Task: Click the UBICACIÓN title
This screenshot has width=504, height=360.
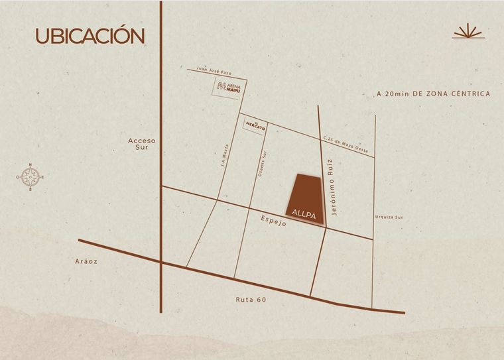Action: [x=90, y=36]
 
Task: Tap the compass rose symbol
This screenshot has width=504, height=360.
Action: [x=30, y=177]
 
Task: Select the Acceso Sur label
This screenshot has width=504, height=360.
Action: [x=142, y=144]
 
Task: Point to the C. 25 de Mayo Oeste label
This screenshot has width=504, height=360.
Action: [x=347, y=143]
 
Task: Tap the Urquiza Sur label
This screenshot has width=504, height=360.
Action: [x=389, y=217]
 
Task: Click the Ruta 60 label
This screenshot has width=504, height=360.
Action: [x=251, y=300]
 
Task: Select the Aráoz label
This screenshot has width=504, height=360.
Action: [x=87, y=261]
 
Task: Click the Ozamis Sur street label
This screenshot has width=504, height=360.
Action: [x=261, y=164]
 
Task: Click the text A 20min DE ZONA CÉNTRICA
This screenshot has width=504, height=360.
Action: [x=433, y=94]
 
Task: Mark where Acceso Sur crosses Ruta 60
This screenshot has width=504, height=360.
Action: [x=161, y=263]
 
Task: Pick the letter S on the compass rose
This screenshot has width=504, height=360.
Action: [x=30, y=190]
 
